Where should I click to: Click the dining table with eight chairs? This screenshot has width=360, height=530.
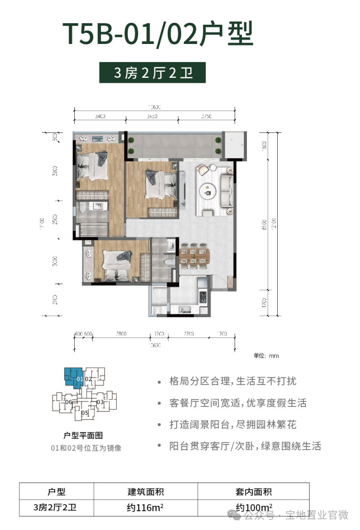[194, 254]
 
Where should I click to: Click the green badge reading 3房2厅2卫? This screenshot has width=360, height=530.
[153, 73]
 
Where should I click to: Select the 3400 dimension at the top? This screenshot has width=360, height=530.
[99, 117]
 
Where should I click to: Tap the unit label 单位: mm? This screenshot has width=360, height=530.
[266, 356]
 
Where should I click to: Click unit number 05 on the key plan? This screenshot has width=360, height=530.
[85, 412]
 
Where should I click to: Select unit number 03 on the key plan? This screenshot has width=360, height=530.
[100, 402]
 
